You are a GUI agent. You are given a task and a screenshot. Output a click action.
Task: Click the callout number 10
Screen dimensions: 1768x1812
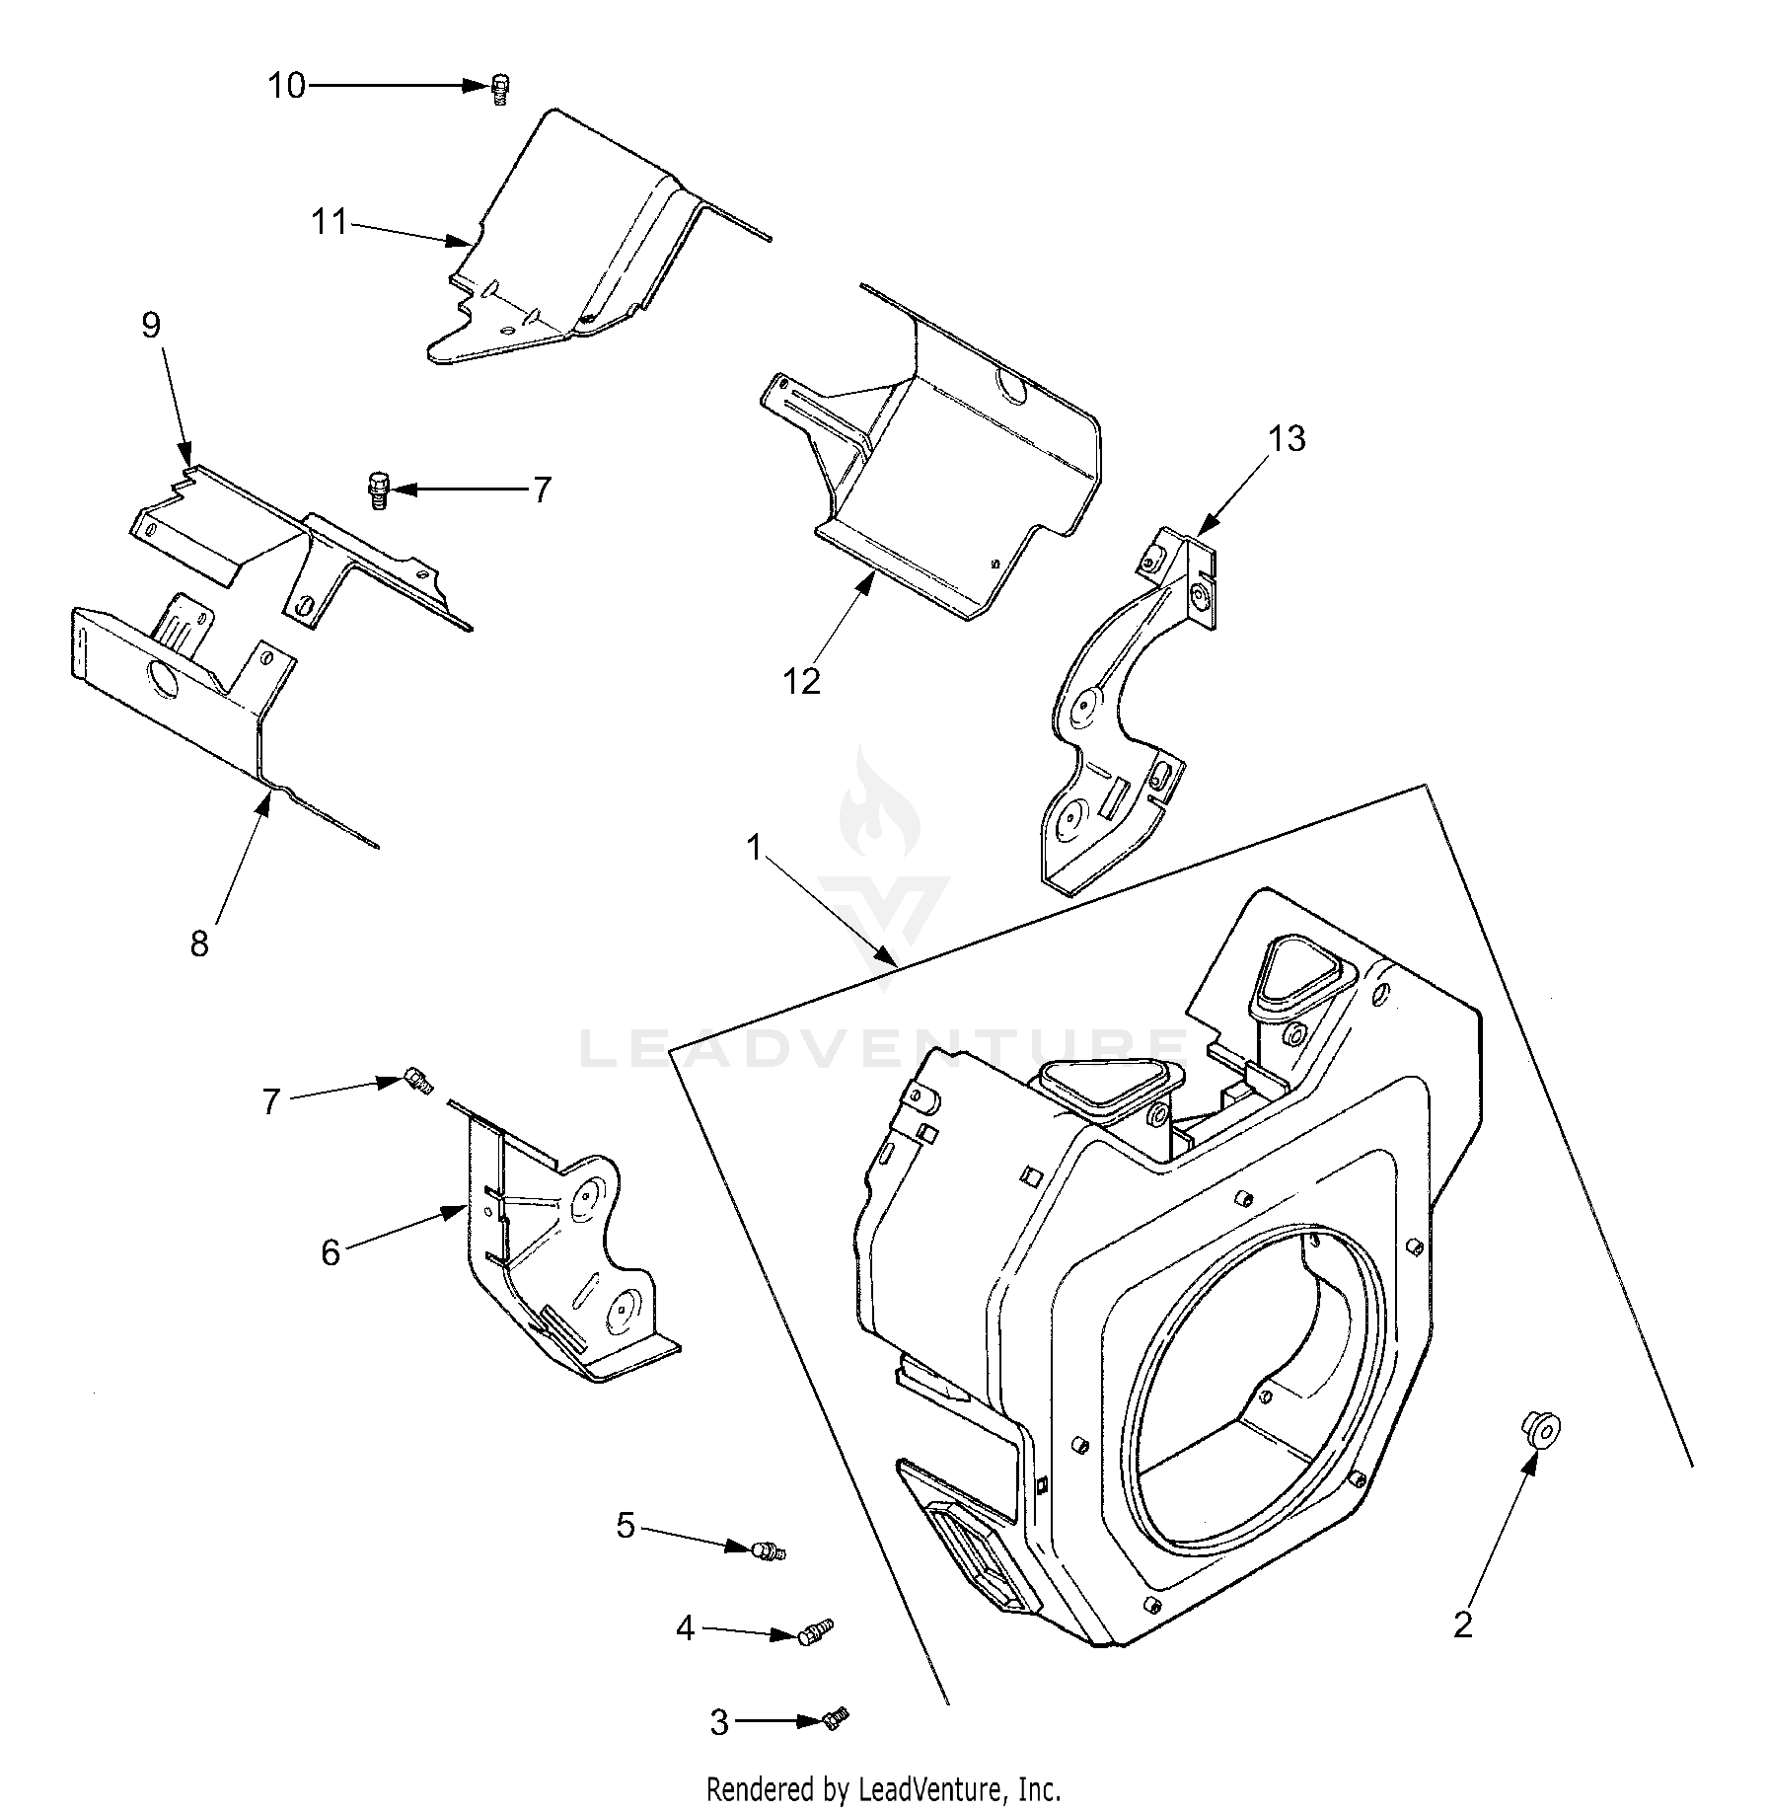[287, 87]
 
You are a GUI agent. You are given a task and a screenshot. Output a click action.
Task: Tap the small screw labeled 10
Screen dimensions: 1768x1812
[501, 88]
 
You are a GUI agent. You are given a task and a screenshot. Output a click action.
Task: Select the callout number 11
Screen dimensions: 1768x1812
[330, 222]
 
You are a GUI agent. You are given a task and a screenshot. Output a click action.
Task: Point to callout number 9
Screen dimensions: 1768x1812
[151, 325]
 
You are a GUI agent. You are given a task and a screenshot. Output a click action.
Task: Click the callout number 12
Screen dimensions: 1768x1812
[802, 681]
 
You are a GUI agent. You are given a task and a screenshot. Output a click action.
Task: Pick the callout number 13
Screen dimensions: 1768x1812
[1287, 438]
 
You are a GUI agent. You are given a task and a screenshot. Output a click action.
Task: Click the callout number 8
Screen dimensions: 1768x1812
[199, 944]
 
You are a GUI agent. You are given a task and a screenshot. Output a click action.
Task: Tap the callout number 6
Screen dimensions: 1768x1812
[331, 1252]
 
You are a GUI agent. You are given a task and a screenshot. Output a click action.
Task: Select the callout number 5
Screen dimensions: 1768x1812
[626, 1525]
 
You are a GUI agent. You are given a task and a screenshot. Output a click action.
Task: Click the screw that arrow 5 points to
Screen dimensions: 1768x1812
[767, 1551]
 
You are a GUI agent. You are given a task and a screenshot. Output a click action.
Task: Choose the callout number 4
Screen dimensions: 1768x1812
[686, 1627]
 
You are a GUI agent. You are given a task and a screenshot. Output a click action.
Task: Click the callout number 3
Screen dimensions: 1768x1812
[719, 1723]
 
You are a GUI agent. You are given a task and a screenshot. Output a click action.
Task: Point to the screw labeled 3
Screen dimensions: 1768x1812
[835, 1719]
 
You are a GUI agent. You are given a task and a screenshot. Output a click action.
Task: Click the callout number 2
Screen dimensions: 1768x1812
[1463, 1624]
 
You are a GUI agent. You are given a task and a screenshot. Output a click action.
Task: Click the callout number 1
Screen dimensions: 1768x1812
[755, 848]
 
